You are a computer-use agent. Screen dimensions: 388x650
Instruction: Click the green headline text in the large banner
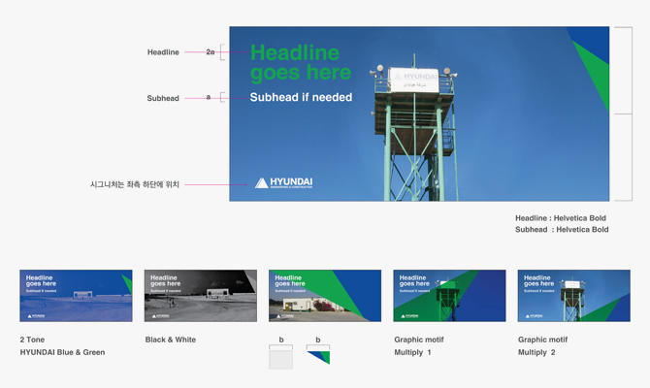click(x=300, y=63)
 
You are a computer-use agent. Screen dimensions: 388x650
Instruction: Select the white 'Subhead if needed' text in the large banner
click(x=301, y=98)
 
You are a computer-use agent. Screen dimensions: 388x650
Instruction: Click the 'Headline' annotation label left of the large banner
click(x=163, y=52)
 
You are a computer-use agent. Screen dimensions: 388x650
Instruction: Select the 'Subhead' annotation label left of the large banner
click(x=163, y=98)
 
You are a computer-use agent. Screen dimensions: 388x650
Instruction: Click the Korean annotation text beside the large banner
click(x=135, y=184)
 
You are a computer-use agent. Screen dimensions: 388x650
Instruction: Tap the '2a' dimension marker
click(x=211, y=52)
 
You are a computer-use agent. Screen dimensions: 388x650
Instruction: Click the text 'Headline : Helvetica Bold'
click(x=561, y=218)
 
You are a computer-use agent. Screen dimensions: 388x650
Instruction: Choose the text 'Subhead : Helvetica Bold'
click(x=561, y=230)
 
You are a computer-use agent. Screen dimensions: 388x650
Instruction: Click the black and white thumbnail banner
click(x=200, y=296)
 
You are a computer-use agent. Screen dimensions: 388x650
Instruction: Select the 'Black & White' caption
click(x=171, y=340)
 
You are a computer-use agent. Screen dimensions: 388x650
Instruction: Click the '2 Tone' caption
click(x=32, y=340)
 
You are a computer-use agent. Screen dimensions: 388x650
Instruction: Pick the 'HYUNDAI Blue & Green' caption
click(x=62, y=352)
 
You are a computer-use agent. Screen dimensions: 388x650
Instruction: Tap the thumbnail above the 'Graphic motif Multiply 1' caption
click(x=449, y=296)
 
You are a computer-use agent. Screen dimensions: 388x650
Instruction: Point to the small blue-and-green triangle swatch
click(x=317, y=356)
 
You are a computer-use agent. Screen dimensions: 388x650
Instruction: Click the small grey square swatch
click(x=280, y=356)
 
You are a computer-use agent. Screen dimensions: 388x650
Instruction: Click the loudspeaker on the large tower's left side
click(x=375, y=72)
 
